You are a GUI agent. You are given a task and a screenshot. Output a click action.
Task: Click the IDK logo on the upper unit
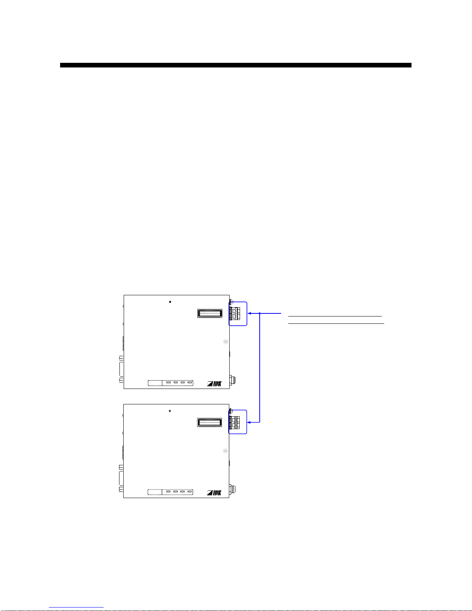click(x=215, y=384)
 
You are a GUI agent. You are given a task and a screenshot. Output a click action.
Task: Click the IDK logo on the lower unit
click(x=215, y=493)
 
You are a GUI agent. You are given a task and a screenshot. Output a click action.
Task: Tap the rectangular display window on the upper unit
click(x=210, y=313)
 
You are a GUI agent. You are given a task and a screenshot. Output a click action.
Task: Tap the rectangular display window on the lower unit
click(x=210, y=422)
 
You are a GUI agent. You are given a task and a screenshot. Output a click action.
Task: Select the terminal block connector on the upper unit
click(x=235, y=313)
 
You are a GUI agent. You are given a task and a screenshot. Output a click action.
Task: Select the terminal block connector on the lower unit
click(x=235, y=422)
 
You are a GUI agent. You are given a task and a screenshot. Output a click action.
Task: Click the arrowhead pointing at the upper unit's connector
click(x=250, y=313)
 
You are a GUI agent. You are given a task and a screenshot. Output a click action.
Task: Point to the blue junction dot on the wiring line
click(x=260, y=313)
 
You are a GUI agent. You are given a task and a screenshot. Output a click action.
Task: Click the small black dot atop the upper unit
click(x=170, y=302)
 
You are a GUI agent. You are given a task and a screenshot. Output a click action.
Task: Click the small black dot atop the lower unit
click(x=170, y=411)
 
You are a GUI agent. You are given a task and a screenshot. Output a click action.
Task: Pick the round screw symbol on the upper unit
click(x=226, y=342)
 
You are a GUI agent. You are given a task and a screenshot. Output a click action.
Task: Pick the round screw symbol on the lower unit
click(x=226, y=451)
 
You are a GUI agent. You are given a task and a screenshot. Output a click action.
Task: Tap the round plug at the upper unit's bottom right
click(x=233, y=380)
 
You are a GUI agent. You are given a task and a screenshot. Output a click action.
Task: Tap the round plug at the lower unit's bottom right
click(x=233, y=489)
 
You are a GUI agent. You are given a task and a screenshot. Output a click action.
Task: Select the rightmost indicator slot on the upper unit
click(x=190, y=383)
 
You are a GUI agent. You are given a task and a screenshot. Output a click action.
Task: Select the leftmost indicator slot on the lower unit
click(x=168, y=492)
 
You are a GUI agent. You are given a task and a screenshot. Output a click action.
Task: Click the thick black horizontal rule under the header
click(x=235, y=65)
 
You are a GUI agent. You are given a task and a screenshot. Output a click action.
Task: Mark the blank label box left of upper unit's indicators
click(x=155, y=383)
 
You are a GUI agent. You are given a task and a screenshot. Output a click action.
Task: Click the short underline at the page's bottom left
click(x=76, y=608)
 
